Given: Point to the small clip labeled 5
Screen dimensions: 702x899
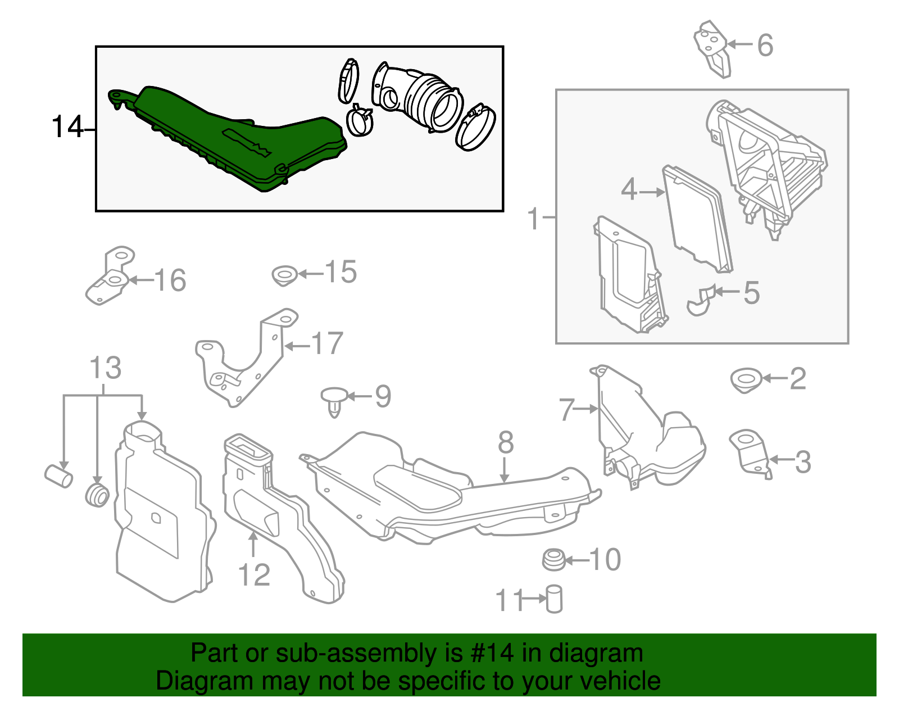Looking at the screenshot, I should (700, 300).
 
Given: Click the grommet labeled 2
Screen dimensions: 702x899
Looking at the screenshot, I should (746, 381).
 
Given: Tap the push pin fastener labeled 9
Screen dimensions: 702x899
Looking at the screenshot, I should (334, 400).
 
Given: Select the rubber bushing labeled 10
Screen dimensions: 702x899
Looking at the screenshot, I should (553, 560).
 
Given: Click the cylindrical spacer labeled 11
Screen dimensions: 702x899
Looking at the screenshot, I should (554, 599).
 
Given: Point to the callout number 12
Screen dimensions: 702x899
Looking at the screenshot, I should (254, 575).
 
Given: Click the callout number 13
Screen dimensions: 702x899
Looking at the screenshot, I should (105, 368).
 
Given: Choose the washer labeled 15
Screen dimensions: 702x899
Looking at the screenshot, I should (284, 276).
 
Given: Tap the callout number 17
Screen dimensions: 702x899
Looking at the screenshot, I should (327, 343).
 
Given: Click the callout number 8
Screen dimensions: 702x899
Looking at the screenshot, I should (506, 443).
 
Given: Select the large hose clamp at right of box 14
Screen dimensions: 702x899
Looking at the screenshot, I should (475, 127).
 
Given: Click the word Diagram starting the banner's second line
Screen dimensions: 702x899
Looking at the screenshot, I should (189, 681).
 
